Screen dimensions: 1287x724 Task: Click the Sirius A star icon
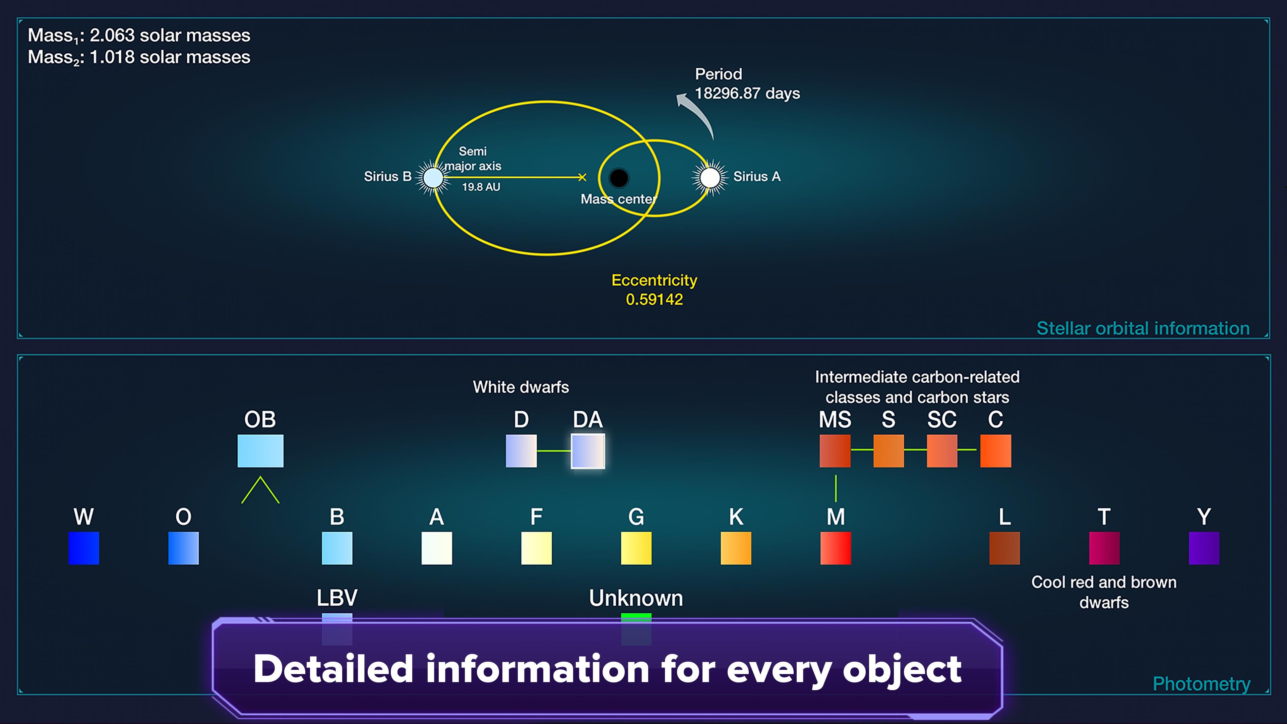point(710,177)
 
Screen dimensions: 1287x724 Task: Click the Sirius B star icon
point(433,177)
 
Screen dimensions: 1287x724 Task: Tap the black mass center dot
point(618,177)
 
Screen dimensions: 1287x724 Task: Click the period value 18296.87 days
point(747,94)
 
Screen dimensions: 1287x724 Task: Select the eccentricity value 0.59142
point(655,299)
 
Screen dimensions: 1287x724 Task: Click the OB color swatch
point(260,451)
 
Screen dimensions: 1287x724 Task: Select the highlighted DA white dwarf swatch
point(588,451)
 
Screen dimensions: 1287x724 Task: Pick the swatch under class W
point(84,548)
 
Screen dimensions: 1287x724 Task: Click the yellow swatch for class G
point(636,548)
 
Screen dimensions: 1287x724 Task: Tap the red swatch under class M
point(835,548)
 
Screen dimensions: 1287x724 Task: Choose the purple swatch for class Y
point(1204,548)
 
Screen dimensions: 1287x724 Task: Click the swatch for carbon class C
point(996,451)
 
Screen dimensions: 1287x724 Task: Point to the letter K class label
point(736,517)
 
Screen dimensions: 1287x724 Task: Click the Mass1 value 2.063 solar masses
point(170,36)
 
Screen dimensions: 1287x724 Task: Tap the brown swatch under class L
point(1004,548)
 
